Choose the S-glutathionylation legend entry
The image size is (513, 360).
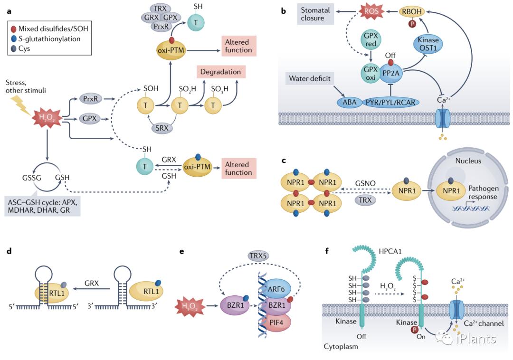pyautogui.click(x=48, y=39)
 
